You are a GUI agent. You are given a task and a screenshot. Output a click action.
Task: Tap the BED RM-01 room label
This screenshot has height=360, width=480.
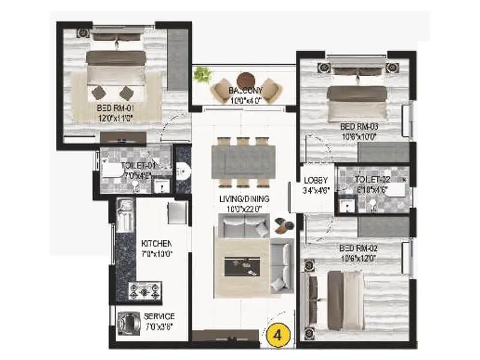click(118, 109)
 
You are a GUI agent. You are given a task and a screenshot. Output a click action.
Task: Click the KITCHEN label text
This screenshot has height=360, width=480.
click(157, 244)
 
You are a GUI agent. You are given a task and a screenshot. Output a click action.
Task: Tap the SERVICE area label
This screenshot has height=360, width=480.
click(159, 316)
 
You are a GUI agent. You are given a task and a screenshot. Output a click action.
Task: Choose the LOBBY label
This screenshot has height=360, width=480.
click(315, 180)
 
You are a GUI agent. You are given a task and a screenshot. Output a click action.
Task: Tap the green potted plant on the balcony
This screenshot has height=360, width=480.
click(203, 74)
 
